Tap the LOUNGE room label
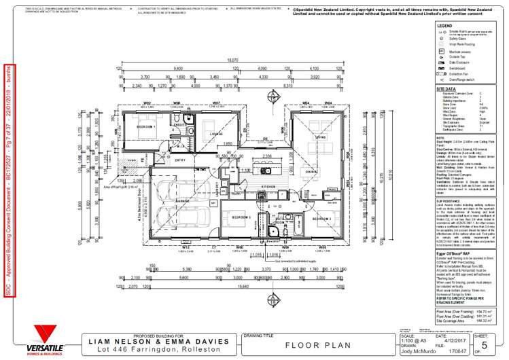click(x=216, y=134)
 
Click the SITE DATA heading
click(x=447, y=88)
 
